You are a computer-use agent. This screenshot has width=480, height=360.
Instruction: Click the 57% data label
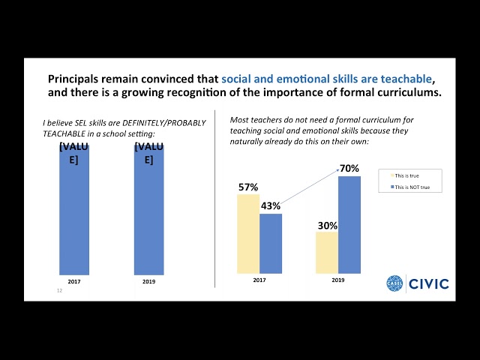248,187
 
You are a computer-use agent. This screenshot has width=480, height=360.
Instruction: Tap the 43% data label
271,205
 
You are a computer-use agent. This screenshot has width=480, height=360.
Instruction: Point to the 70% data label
349,169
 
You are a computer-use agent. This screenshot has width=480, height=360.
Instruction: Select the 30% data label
327,224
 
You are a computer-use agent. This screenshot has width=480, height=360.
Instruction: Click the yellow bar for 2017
248,234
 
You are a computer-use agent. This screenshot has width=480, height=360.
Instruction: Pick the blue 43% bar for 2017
271,244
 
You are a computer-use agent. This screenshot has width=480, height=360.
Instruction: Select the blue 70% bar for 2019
349,225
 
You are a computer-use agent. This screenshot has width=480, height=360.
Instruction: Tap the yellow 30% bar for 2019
327,253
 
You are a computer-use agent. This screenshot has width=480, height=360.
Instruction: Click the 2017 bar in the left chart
74,214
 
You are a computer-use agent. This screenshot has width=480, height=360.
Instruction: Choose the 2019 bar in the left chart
148,214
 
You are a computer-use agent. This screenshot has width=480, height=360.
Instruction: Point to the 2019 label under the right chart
338,280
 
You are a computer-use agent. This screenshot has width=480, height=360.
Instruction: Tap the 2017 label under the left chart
74,281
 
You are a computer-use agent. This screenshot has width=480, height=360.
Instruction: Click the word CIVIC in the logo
430,283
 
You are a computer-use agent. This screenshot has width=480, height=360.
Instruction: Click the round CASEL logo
395,283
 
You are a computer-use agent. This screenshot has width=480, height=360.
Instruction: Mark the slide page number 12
59,290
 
